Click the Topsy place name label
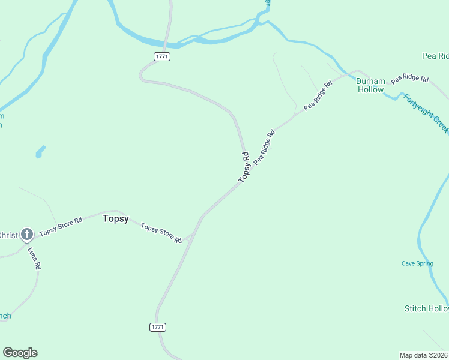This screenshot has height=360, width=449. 115,219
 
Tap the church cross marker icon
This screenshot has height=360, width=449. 26,235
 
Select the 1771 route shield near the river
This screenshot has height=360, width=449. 162,56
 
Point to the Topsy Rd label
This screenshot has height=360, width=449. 244,167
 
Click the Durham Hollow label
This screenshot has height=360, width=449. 370,85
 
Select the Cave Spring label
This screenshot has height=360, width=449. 417,263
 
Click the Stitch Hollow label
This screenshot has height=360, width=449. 426,308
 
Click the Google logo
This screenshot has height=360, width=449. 20,353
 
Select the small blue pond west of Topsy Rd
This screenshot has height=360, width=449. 40,152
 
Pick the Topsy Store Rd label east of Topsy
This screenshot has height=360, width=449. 161,232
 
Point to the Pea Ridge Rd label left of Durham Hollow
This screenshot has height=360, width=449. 318,96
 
